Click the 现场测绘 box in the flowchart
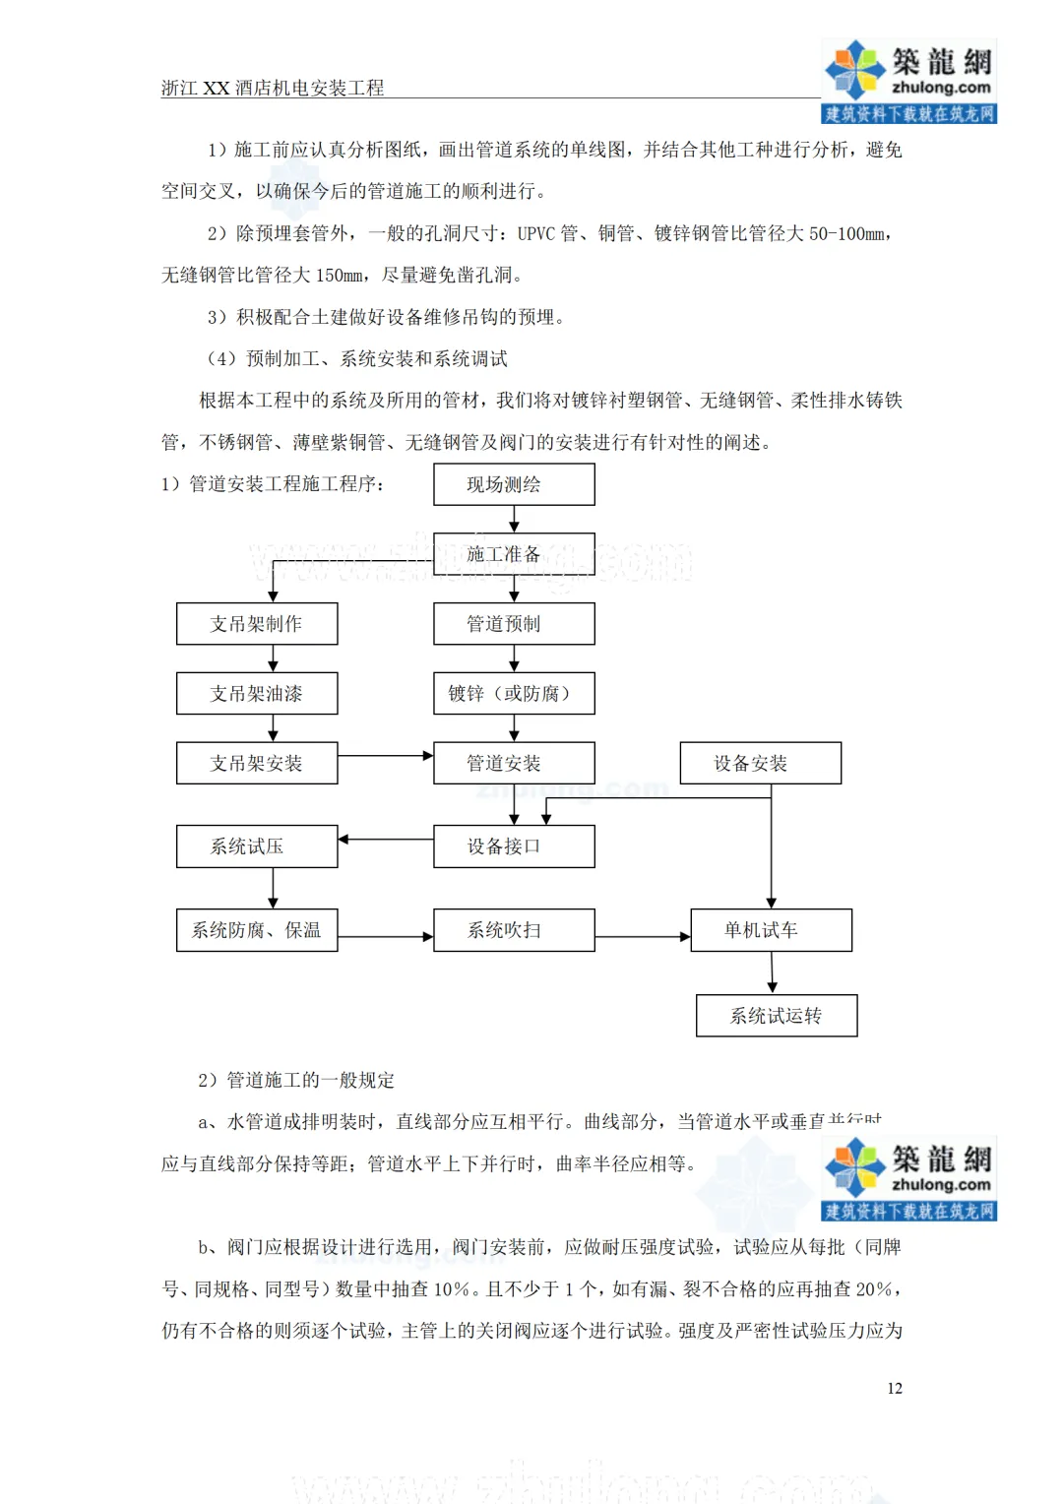(x=514, y=484)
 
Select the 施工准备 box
(x=514, y=554)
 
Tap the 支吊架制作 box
(x=257, y=624)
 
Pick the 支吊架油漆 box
(x=257, y=694)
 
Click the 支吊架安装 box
(x=257, y=763)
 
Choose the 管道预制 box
(x=514, y=624)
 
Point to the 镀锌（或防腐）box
(x=514, y=694)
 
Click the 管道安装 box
(x=514, y=763)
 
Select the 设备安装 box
(x=760, y=763)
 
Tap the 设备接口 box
(x=514, y=846)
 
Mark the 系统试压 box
(x=257, y=846)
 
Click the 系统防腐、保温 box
(x=257, y=930)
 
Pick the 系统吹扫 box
(x=514, y=930)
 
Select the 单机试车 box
(x=771, y=930)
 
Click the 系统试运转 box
(x=776, y=1016)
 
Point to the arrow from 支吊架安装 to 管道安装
(x=385, y=756)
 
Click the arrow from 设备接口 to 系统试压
(x=385, y=840)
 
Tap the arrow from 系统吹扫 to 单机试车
(x=643, y=937)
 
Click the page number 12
(x=894, y=1388)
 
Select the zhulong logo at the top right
(x=908, y=81)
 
